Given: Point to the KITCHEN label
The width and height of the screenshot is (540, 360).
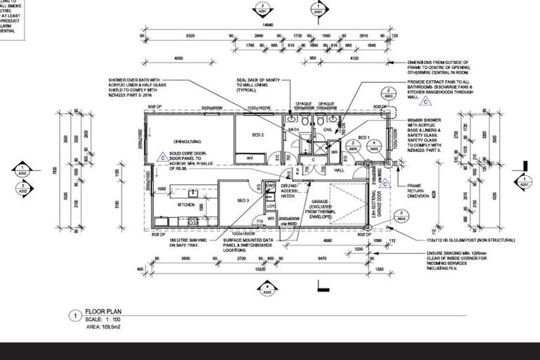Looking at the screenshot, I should coord(186,205).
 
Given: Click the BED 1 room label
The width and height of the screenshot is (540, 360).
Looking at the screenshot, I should coord(364,138).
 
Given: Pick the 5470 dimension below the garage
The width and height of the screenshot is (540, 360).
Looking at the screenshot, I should coord(322,258).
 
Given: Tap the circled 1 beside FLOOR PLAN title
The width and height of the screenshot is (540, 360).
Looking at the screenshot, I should coord(75,316).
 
